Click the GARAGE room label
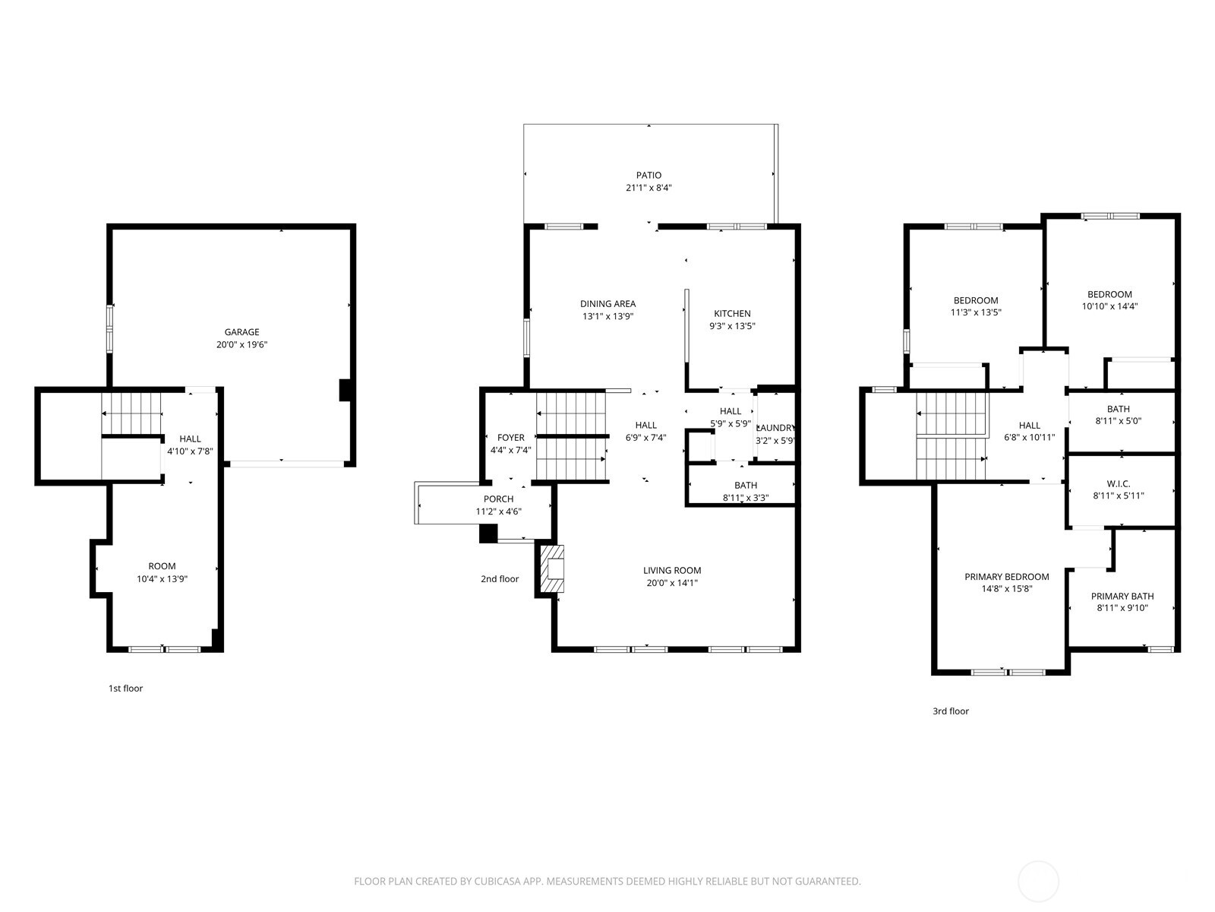(241, 332)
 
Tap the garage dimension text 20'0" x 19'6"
(241, 345)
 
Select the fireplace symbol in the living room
(553, 568)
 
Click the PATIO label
(649, 175)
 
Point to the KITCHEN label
(732, 313)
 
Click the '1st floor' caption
(125, 689)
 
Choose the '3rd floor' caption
(951, 711)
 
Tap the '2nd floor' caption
(500, 579)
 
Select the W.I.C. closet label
(1118, 483)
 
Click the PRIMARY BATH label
(1122, 597)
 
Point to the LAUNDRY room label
(776, 428)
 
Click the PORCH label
(498, 499)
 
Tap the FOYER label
(510, 438)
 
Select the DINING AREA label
(607, 304)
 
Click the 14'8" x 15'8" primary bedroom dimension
(1007, 589)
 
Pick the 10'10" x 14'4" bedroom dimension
(1109, 307)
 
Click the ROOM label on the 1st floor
(162, 566)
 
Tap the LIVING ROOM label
(672, 571)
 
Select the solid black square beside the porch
(488, 534)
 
